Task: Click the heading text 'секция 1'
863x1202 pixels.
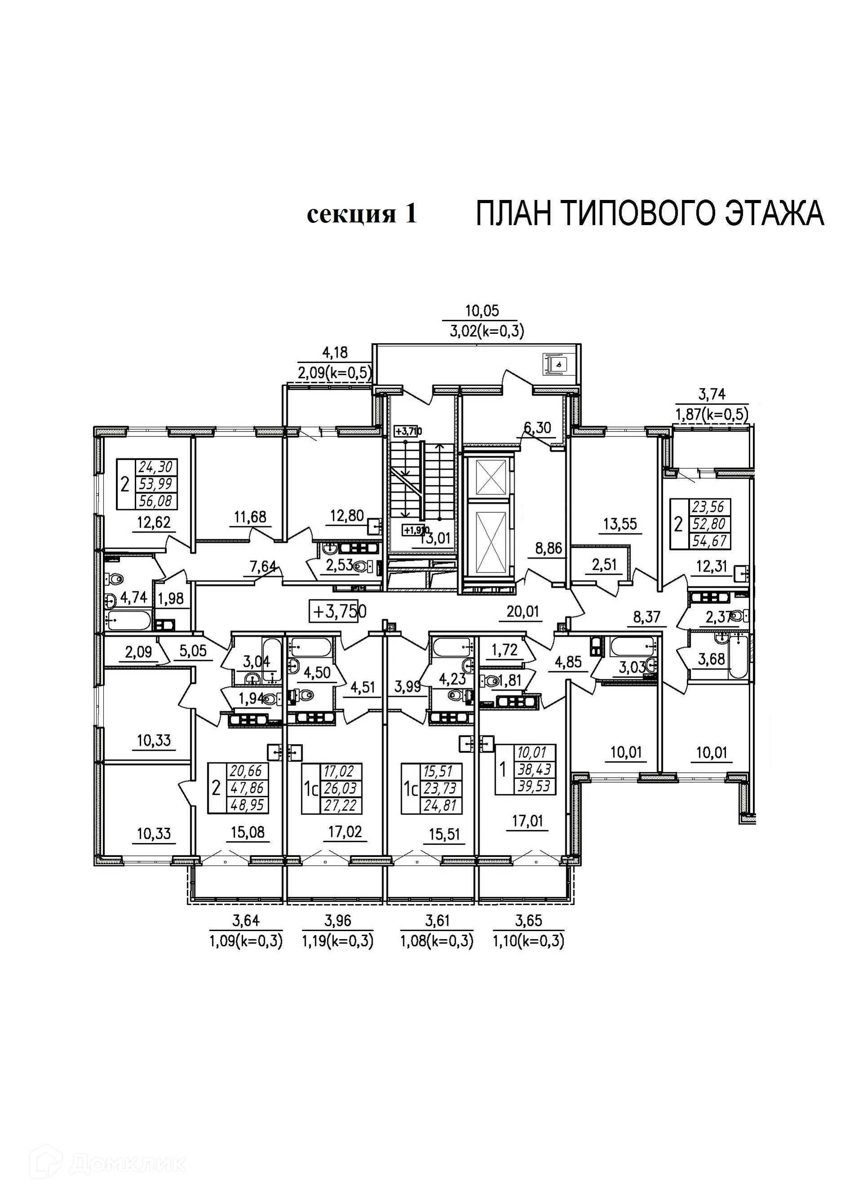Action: [x=362, y=214]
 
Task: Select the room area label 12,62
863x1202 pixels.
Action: [x=154, y=523]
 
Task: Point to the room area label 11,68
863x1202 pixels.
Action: [x=250, y=516]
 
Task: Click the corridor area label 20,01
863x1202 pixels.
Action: [x=523, y=612]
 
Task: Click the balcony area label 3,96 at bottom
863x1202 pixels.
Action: [x=338, y=921]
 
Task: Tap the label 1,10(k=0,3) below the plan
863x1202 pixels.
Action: [x=529, y=941]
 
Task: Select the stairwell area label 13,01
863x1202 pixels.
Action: [x=434, y=538]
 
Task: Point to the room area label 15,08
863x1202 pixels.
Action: [x=248, y=832]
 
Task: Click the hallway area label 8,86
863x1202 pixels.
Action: [x=548, y=548]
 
